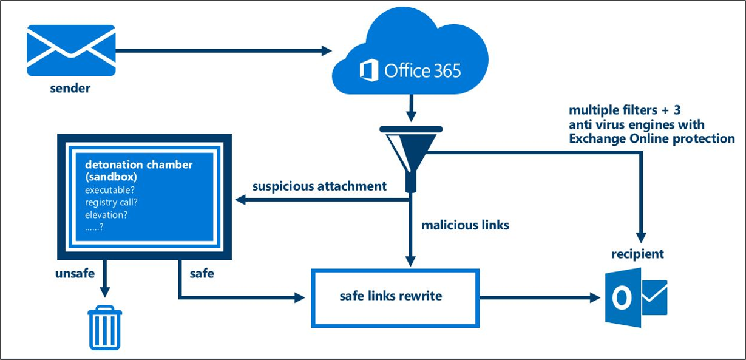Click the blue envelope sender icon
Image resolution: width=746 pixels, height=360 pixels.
71,50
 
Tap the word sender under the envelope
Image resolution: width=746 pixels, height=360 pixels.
70,89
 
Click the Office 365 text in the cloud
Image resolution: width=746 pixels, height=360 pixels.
422,70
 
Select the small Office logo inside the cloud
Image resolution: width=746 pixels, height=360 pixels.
370,70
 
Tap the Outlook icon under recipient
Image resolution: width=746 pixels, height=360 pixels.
636,298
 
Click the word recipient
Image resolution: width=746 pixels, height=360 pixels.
637,254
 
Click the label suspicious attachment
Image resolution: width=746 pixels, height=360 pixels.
319,186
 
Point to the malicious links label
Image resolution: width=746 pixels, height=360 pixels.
465,225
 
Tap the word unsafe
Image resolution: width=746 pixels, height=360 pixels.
75,273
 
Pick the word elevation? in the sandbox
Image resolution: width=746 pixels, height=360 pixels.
110,214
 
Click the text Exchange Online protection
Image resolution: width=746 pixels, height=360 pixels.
651,138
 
